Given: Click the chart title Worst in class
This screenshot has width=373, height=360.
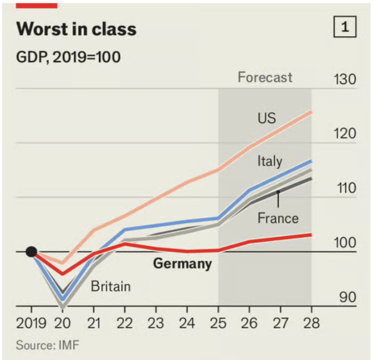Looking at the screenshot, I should (76, 29).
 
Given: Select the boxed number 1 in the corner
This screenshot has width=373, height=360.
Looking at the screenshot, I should (345, 28).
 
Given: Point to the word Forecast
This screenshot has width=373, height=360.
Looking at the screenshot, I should (265, 77).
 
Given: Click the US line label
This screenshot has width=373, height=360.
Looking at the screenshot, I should (266, 118).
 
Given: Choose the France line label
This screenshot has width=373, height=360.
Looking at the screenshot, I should (278, 218).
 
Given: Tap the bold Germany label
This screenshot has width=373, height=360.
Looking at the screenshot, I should (183, 264).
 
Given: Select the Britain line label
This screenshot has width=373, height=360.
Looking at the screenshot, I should (111, 286).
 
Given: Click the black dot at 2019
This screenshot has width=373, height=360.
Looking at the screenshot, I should (31, 252).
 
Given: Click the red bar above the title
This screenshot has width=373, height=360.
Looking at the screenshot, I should (37, 5).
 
